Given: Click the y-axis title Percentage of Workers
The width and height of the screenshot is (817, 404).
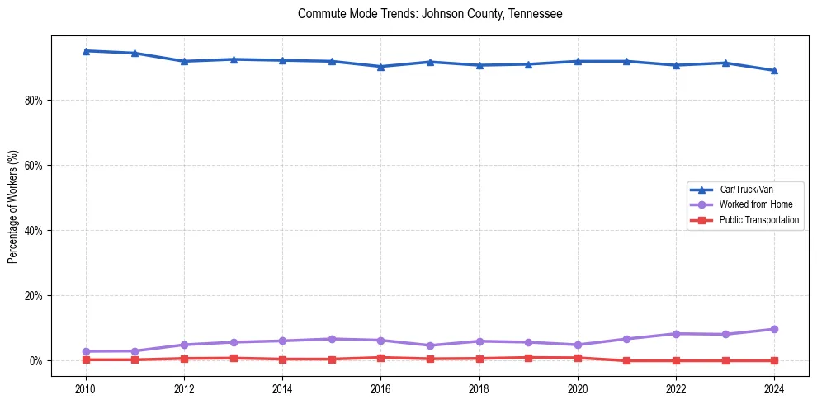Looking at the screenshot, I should click(x=12, y=206).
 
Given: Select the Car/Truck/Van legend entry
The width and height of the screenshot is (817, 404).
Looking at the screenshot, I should click(x=746, y=190).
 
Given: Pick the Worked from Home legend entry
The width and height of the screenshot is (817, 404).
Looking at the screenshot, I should click(x=753, y=204).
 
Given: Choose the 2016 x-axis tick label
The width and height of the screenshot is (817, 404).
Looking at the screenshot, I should click(x=380, y=388).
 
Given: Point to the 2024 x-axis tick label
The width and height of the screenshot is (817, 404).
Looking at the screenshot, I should click(x=774, y=388).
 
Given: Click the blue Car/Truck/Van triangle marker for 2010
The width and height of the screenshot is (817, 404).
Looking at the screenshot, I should click(x=86, y=51).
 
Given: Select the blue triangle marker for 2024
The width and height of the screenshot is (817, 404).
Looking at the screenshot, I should click(x=774, y=71).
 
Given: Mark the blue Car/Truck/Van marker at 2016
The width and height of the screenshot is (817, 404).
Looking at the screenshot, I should click(x=380, y=67).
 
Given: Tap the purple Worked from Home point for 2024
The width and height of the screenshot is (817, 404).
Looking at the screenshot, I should click(x=774, y=329).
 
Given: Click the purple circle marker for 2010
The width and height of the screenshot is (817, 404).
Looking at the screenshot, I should click(x=86, y=351).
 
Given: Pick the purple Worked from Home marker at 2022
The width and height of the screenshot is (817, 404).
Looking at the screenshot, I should click(x=676, y=334).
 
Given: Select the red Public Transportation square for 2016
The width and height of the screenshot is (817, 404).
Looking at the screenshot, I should click(x=380, y=358).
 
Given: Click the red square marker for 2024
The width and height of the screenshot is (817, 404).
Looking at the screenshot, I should click(x=774, y=360).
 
